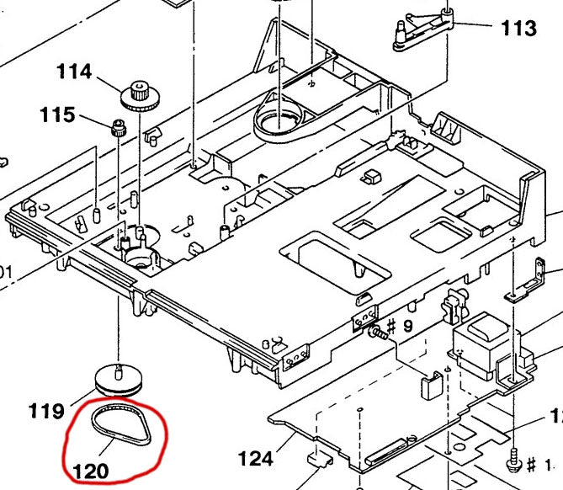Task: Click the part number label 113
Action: [518, 29]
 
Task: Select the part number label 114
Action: [74, 72]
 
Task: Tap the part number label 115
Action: [56, 115]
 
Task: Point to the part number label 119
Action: [46, 411]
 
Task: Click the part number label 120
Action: [91, 470]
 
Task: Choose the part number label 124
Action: [256, 459]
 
